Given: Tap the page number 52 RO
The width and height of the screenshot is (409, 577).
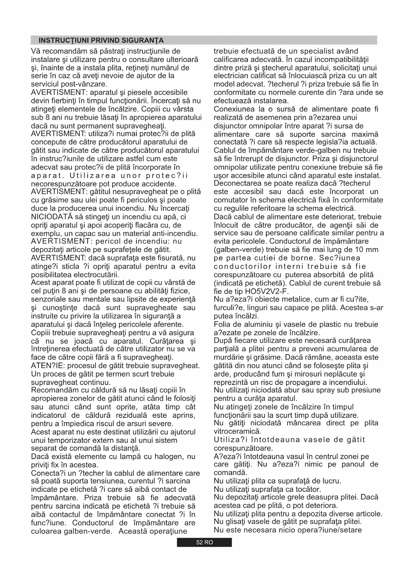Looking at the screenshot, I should click(x=204, y=542).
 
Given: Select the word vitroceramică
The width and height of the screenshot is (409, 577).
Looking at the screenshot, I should click(x=237, y=431).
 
